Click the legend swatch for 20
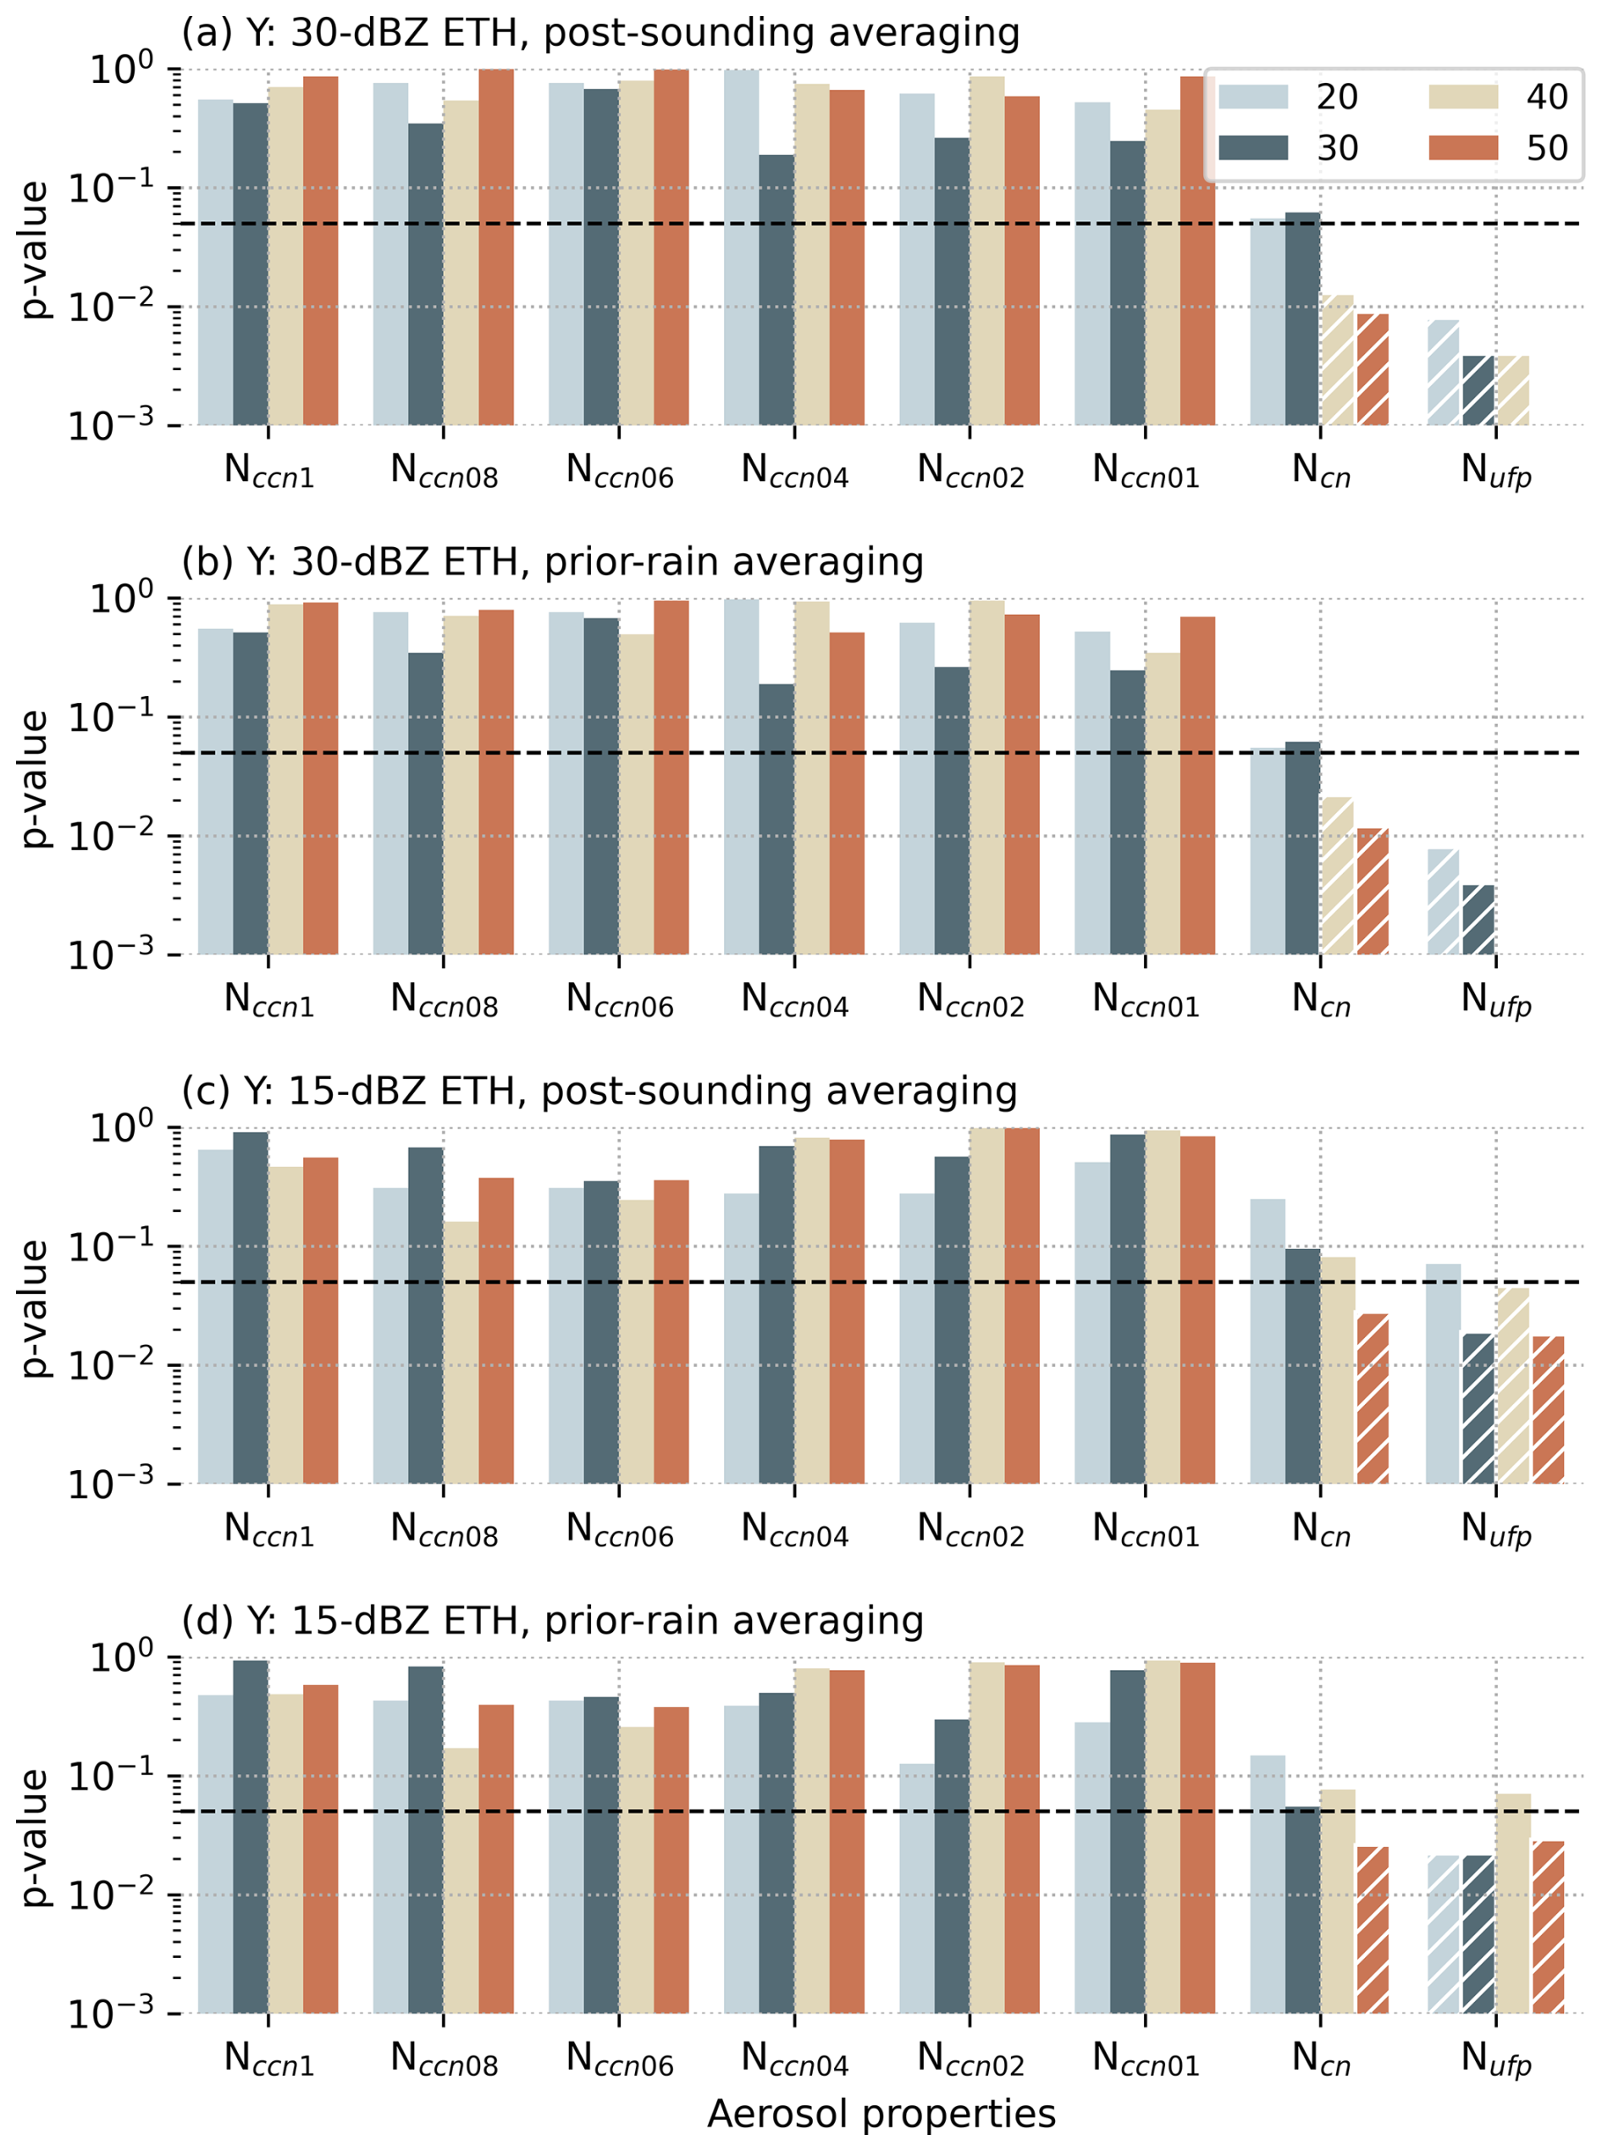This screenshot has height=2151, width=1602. coord(1253,96)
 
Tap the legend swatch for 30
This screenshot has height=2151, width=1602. coord(1253,147)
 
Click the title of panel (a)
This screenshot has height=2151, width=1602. coord(600,33)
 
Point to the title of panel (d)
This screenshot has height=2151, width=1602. coord(552,1621)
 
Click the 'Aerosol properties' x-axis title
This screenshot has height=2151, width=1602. coord(881,2114)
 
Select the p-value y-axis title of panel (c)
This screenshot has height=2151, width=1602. coord(35,1308)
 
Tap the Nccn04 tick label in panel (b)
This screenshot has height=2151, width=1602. coord(794,1000)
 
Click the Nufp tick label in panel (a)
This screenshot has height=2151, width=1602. coord(1495,472)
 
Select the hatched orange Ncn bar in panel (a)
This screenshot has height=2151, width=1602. coord(1373,368)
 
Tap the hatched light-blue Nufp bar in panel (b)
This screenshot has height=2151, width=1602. coord(1443,901)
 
